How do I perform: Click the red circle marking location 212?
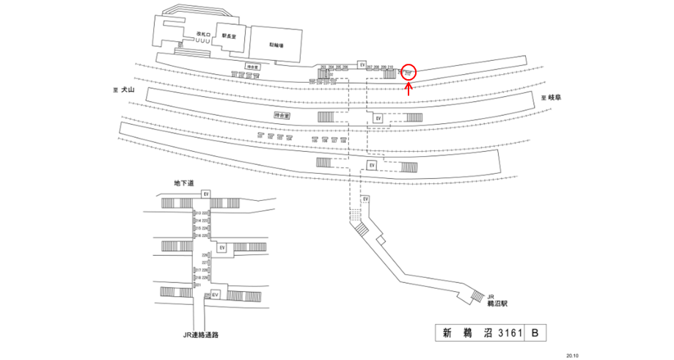point(409,72)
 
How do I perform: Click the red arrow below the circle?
point(409,89)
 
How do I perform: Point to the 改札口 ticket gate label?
point(203,34)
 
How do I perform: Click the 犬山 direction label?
point(129,90)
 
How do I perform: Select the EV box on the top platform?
point(362,65)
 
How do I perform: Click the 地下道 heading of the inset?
point(183,183)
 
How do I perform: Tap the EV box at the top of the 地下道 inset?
point(207,193)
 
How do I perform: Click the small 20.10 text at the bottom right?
point(572,355)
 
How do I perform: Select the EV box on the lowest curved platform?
point(372,166)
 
